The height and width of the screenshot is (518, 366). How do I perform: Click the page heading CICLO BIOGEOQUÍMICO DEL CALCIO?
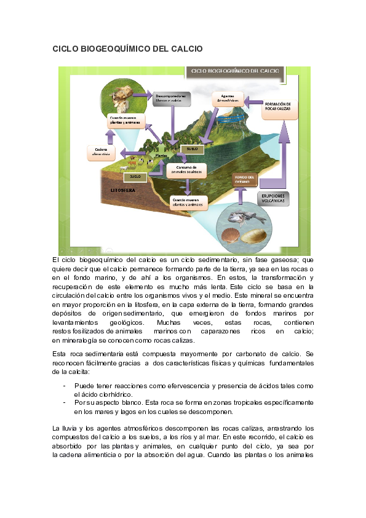coord(127,48)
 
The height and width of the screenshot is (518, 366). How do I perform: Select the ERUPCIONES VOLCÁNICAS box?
coord(271,199)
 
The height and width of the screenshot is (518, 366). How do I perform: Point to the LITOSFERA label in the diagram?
coord(114,190)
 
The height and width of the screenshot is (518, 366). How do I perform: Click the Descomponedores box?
coord(171,98)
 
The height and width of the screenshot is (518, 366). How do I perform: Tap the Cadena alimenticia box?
coord(101,151)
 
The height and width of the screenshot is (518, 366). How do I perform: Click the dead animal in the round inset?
coord(121,94)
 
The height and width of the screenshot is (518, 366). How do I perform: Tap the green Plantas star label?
coord(161,155)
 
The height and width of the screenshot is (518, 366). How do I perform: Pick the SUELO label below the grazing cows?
coord(135,177)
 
